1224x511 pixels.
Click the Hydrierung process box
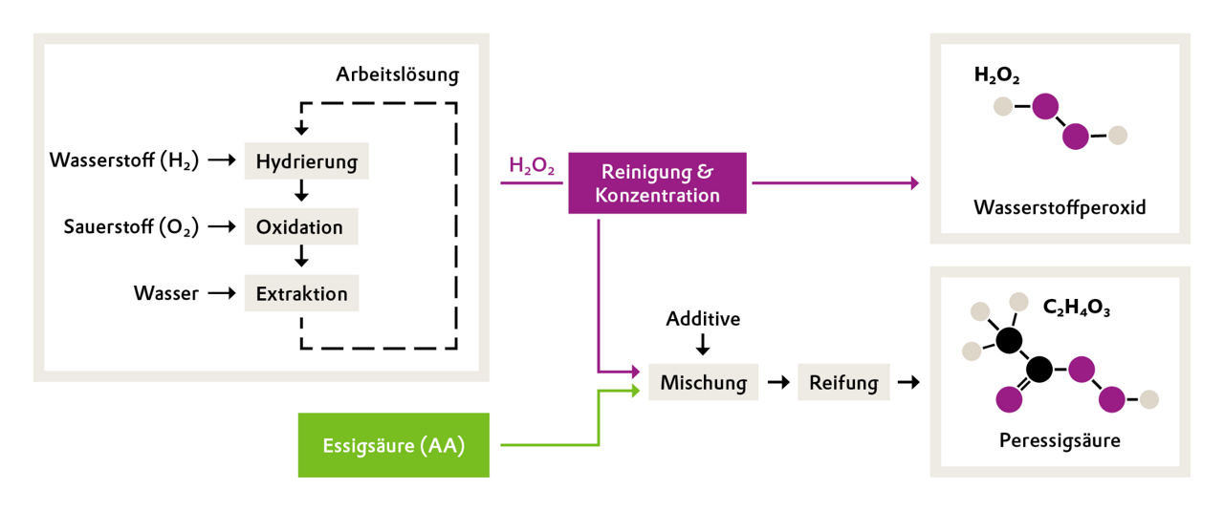click(306, 161)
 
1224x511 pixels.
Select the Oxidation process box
click(300, 227)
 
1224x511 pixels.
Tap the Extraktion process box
click(301, 293)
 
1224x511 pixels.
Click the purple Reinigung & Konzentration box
click(657, 183)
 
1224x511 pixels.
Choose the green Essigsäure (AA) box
click(393, 445)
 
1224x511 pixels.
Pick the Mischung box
click(703, 382)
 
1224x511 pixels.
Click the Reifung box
click(843, 382)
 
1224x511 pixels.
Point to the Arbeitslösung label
click(397, 75)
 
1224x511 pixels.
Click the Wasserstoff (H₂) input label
click(124, 161)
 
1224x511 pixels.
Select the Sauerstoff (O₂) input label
click(131, 227)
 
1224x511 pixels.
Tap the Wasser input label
click(166, 293)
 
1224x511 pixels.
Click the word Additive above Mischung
click(703, 318)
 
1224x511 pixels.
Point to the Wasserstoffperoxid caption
click(1059, 206)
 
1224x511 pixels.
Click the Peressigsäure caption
click(1059, 440)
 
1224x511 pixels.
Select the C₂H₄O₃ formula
click(1076, 309)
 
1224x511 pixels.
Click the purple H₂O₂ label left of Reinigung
click(532, 166)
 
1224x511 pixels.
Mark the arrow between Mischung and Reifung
click(777, 382)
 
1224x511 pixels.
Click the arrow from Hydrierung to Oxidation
click(302, 193)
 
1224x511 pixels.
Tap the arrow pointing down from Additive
click(703, 344)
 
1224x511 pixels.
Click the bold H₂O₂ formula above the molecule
click(996, 75)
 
